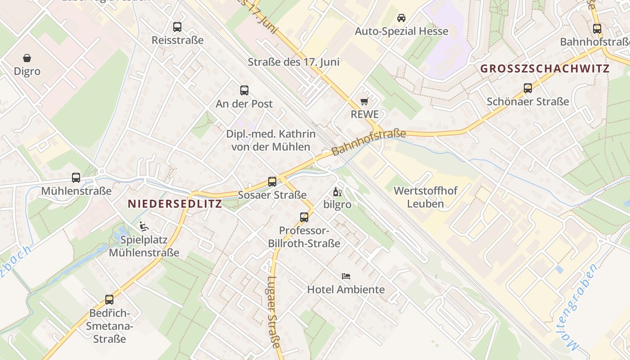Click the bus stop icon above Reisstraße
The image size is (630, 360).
(177, 27)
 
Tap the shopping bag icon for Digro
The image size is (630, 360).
(27, 58)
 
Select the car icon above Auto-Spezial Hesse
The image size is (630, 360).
(401, 18)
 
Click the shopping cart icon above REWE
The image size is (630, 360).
(364, 101)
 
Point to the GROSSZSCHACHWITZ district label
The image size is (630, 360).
(544, 69)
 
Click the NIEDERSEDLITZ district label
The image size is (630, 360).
(175, 204)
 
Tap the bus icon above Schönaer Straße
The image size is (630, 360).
(528, 88)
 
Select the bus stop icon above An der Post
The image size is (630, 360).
(244, 90)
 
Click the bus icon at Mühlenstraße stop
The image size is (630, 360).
(76, 178)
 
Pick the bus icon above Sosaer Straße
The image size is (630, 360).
(272, 182)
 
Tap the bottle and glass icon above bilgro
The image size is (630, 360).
(337, 192)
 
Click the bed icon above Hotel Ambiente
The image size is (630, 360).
(346, 276)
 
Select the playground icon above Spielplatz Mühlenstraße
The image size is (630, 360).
(144, 226)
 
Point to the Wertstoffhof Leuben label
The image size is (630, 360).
(425, 197)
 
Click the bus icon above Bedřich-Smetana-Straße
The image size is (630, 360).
(109, 300)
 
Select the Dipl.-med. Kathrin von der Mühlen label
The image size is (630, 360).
(270, 140)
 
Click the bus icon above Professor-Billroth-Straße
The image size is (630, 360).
(304, 217)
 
